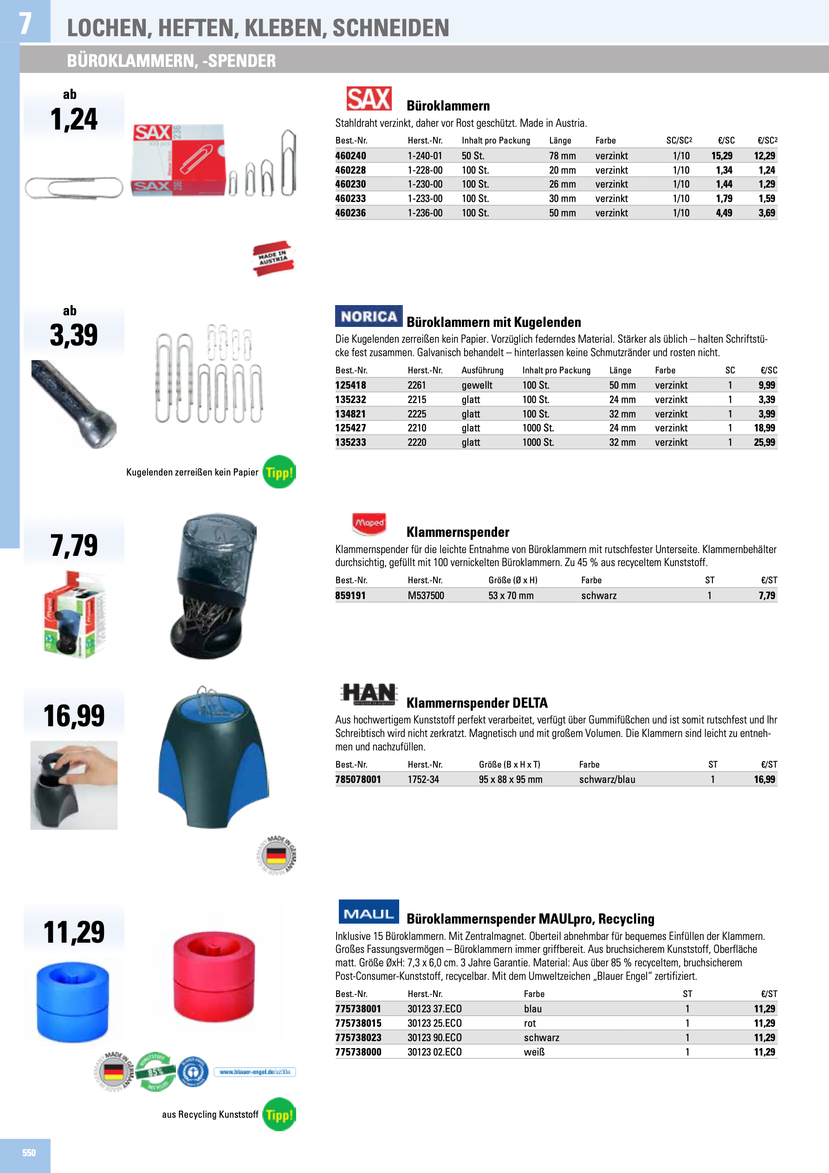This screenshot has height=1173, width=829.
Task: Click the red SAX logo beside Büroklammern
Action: point(369,98)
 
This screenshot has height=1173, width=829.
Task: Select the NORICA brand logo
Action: point(369,316)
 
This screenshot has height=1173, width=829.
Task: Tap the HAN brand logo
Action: point(369,694)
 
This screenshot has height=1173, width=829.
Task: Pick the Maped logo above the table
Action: point(369,524)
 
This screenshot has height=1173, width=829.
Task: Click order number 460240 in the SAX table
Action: point(350,156)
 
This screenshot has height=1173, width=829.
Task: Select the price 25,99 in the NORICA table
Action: point(764,443)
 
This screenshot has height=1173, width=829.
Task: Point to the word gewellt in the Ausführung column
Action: point(477,385)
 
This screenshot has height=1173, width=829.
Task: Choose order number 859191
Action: point(350,596)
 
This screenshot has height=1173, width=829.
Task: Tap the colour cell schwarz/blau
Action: point(607,780)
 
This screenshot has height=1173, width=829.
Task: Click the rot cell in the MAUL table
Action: point(530,1023)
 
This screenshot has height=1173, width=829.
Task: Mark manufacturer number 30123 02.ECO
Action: point(434,1052)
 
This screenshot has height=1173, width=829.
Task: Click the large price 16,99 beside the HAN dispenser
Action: point(74,716)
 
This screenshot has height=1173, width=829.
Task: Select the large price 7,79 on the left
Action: point(74,545)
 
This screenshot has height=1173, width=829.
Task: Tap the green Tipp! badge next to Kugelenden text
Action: point(279,472)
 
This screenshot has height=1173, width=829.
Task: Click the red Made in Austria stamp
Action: point(274,259)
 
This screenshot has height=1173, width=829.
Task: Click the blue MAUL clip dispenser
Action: point(72,1002)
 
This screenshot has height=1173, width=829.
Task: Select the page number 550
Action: point(29,1153)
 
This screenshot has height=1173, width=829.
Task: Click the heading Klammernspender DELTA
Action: point(477,703)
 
